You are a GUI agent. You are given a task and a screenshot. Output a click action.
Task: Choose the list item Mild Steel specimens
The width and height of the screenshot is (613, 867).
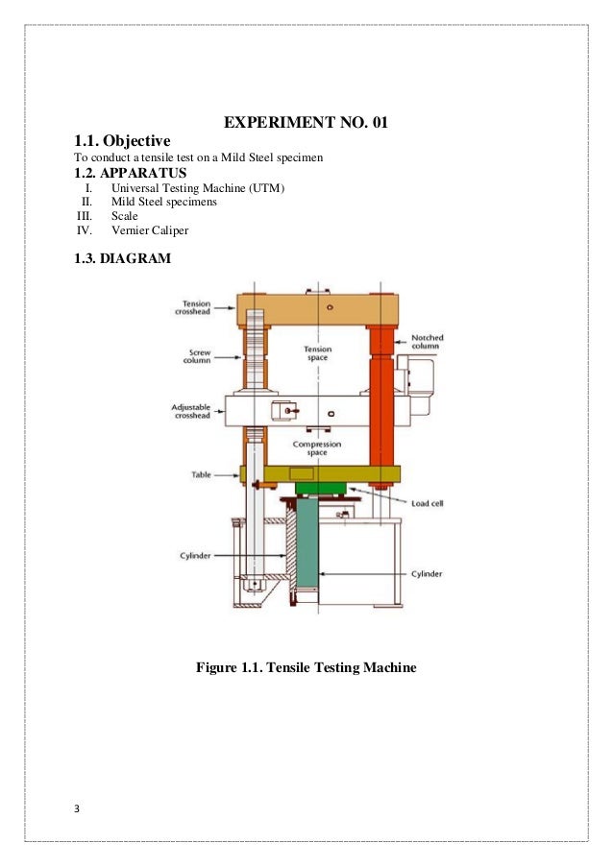tap(163, 203)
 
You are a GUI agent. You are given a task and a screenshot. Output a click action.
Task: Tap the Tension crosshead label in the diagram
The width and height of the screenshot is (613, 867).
tap(199, 307)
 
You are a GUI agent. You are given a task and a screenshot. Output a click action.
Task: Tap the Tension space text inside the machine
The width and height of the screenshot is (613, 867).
tap(317, 353)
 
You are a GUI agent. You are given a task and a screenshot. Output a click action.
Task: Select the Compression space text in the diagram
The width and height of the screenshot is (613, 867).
tap(317, 448)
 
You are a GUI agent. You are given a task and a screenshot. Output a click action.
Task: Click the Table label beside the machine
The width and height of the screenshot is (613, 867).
tap(204, 474)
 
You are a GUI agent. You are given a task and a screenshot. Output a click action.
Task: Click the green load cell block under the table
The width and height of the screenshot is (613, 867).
tap(321, 488)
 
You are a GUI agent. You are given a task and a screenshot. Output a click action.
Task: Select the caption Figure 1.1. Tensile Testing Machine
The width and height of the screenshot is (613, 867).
tap(306, 665)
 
